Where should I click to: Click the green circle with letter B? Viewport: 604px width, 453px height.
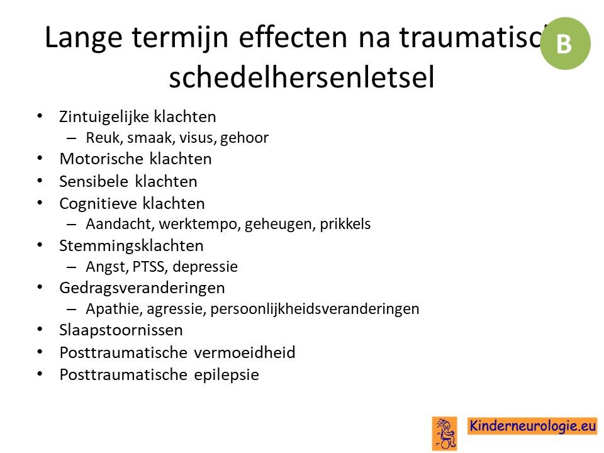[x=565, y=43]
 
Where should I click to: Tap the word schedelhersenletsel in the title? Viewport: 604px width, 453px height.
[x=301, y=76]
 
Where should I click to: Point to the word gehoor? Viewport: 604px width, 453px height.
[x=244, y=138]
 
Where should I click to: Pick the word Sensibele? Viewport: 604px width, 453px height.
[x=94, y=181]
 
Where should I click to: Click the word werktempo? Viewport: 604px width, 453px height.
[x=199, y=224]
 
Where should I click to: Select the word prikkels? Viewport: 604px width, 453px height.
[x=345, y=224]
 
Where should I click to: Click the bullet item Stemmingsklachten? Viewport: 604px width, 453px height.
[x=131, y=246]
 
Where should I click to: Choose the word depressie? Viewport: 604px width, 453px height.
[x=205, y=267]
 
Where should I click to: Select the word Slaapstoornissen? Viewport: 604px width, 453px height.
[x=121, y=330]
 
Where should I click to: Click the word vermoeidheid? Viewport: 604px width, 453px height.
[x=245, y=352]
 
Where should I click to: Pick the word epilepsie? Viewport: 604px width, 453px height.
[x=226, y=375]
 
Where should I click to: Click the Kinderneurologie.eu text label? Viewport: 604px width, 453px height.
[x=532, y=426]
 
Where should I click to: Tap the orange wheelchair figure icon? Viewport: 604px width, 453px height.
[x=445, y=433]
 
